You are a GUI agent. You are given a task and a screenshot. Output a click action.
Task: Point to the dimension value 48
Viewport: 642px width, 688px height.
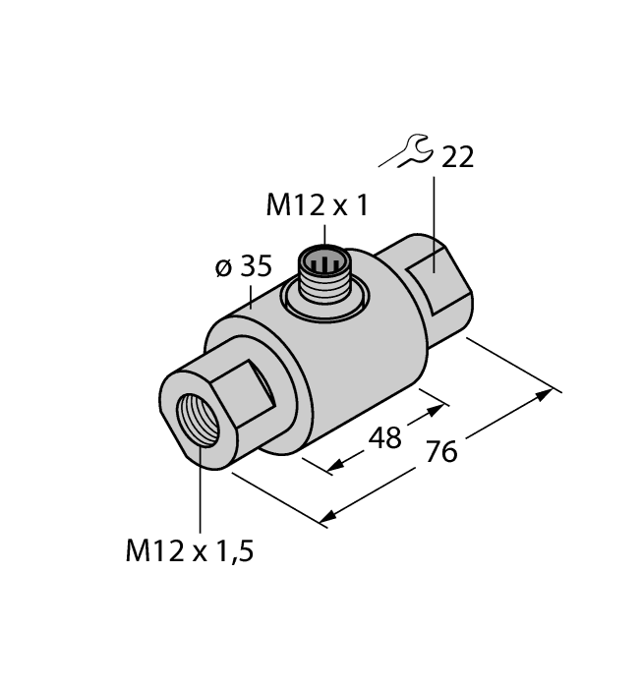(382, 437)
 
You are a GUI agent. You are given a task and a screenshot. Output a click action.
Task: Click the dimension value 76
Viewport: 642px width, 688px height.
(442, 452)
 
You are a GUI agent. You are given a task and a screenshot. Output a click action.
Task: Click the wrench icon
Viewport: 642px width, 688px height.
(405, 152)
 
